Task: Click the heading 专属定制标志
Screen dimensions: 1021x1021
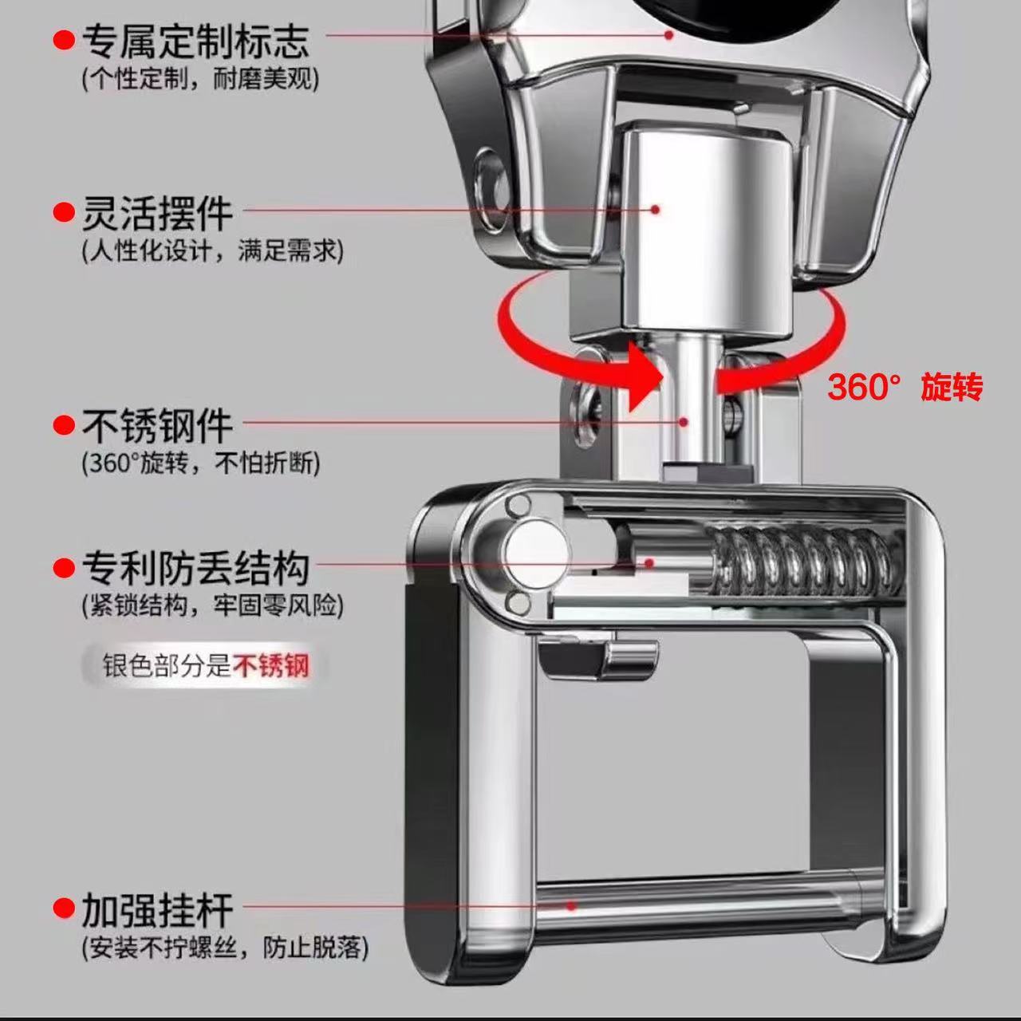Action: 195,41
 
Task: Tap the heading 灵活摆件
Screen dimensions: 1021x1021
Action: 157,214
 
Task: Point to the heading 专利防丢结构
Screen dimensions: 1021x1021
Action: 195,569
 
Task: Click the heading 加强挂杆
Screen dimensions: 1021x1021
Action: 157,910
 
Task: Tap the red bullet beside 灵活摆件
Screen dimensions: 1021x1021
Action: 64,212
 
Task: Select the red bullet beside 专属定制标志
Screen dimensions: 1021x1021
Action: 64,40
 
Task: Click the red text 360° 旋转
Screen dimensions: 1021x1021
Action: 905,387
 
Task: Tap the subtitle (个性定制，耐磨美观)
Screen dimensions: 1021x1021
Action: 200,80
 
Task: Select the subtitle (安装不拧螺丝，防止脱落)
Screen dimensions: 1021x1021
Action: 225,948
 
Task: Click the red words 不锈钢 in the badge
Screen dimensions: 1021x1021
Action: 271,666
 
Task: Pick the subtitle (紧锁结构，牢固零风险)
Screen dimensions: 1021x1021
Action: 212,605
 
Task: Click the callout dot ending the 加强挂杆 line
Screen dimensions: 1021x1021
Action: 571,907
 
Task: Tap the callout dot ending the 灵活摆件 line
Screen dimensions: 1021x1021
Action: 656,210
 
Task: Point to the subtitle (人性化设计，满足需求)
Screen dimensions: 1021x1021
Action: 212,250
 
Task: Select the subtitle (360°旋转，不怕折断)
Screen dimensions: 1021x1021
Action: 201,463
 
